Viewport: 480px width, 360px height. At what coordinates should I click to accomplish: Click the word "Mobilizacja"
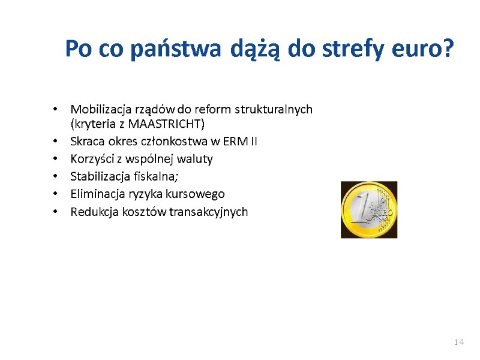point(98,109)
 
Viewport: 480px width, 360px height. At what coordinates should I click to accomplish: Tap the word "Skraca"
point(86,142)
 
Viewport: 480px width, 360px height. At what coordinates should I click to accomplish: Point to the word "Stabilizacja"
point(98,176)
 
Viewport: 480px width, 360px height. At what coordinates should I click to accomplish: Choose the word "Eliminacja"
point(95,194)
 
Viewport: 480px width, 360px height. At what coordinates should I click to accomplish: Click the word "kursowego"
point(199,194)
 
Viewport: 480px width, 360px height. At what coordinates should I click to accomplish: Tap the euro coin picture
point(368,209)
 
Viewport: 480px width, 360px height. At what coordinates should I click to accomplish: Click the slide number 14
point(459,342)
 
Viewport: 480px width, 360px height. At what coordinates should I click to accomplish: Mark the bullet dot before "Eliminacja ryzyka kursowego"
point(55,194)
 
